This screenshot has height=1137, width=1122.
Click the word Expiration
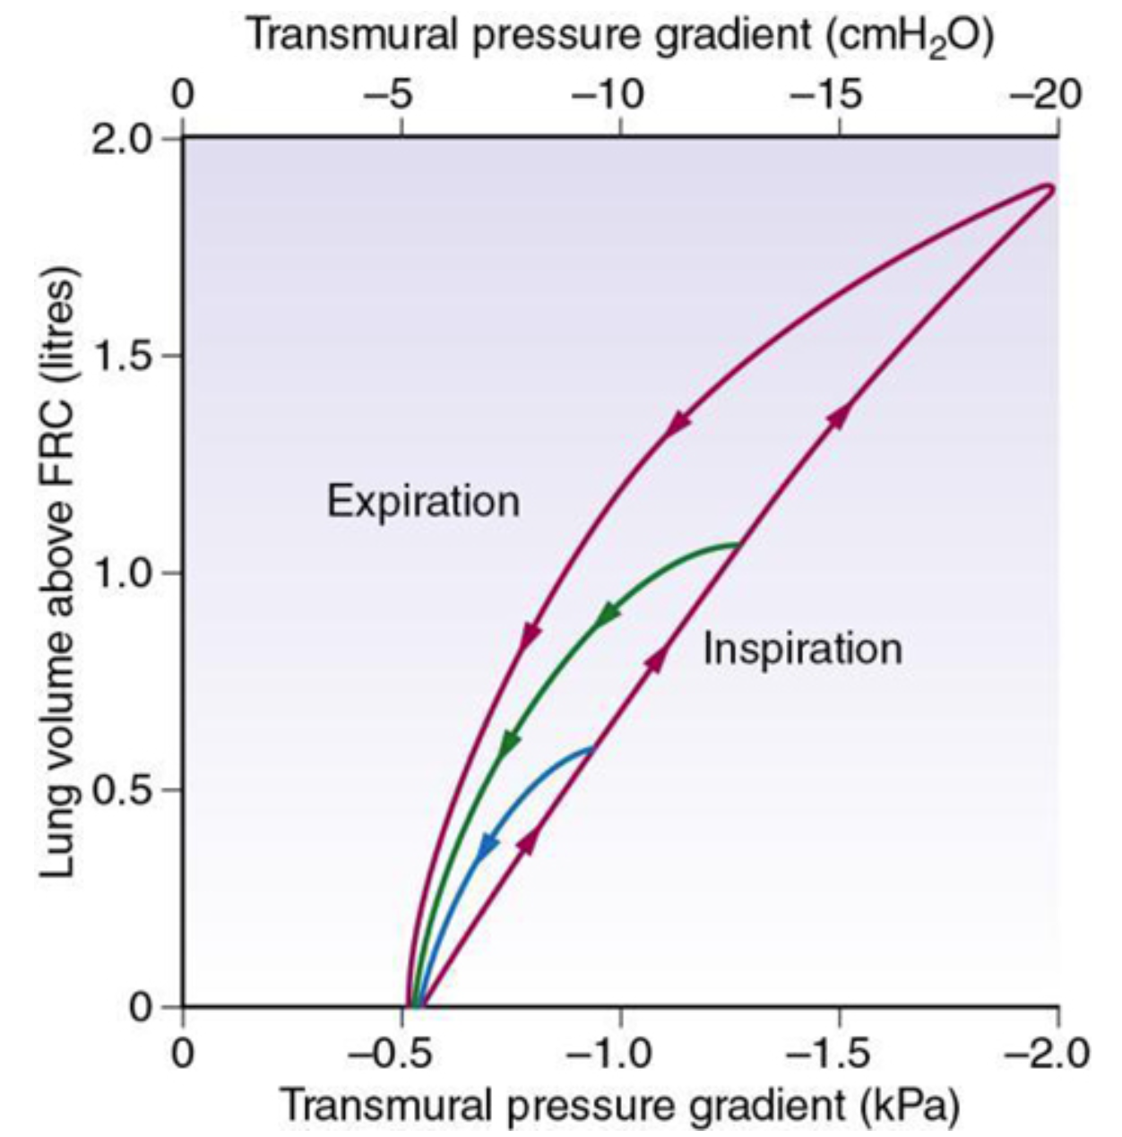pyautogui.click(x=423, y=502)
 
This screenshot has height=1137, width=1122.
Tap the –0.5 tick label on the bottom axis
pyautogui.click(x=391, y=1054)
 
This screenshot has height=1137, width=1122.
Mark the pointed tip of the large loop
pyautogui.click(x=1050, y=187)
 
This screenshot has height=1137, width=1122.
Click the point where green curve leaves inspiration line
pyautogui.click(x=739, y=544)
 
